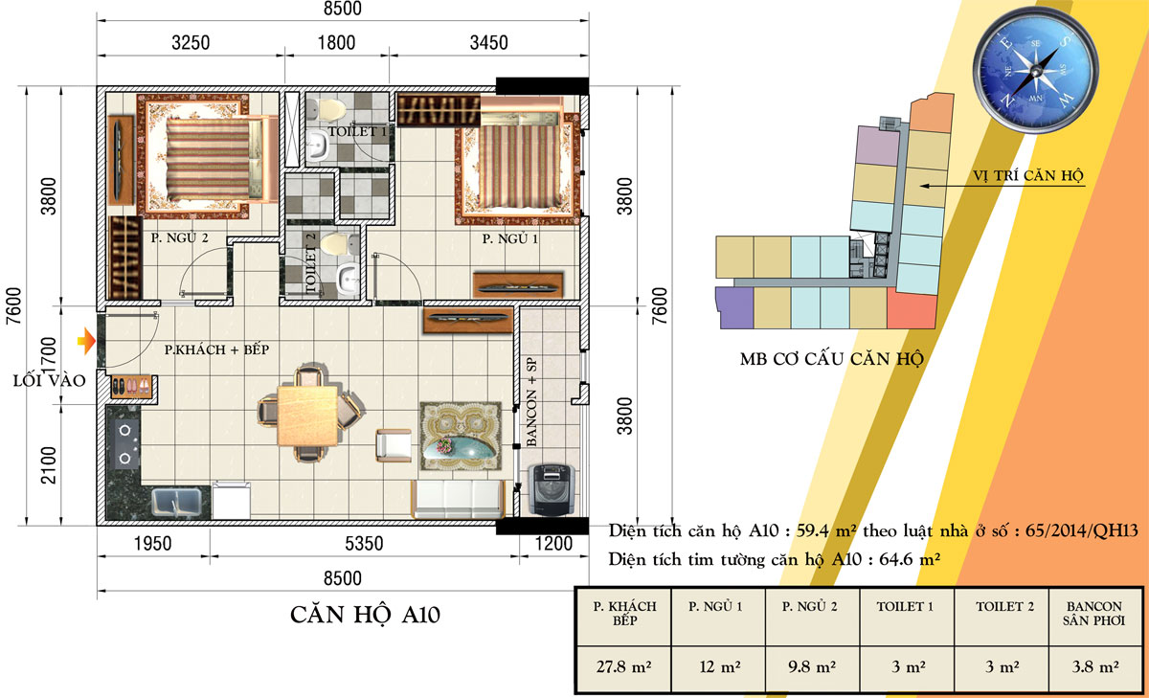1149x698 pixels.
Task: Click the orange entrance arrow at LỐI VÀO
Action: [x=87, y=341]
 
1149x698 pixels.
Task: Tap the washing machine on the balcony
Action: [x=552, y=489]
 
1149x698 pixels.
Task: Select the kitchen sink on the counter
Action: [x=176, y=502]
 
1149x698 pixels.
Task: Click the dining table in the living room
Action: [x=307, y=416]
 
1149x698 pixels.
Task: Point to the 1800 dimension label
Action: [x=336, y=42]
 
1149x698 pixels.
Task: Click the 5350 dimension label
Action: [x=364, y=544]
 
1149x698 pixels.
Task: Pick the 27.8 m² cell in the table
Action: [x=623, y=666]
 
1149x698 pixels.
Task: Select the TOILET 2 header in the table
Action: [x=1004, y=607]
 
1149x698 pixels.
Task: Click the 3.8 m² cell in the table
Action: [x=1095, y=666]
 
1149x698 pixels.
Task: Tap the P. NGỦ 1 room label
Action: [x=509, y=238]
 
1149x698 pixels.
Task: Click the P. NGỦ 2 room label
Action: [x=180, y=238]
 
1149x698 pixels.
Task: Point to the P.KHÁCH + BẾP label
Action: [x=216, y=349]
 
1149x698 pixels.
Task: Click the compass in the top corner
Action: [x=1036, y=71]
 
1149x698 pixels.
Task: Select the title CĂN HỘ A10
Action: [x=365, y=615]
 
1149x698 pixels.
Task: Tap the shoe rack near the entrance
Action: [x=132, y=386]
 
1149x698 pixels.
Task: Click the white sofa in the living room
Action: [x=458, y=499]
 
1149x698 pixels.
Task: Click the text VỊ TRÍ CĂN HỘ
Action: [x=1028, y=176]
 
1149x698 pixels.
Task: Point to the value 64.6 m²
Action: [x=910, y=559]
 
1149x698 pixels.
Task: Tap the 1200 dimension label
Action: [x=553, y=544]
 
